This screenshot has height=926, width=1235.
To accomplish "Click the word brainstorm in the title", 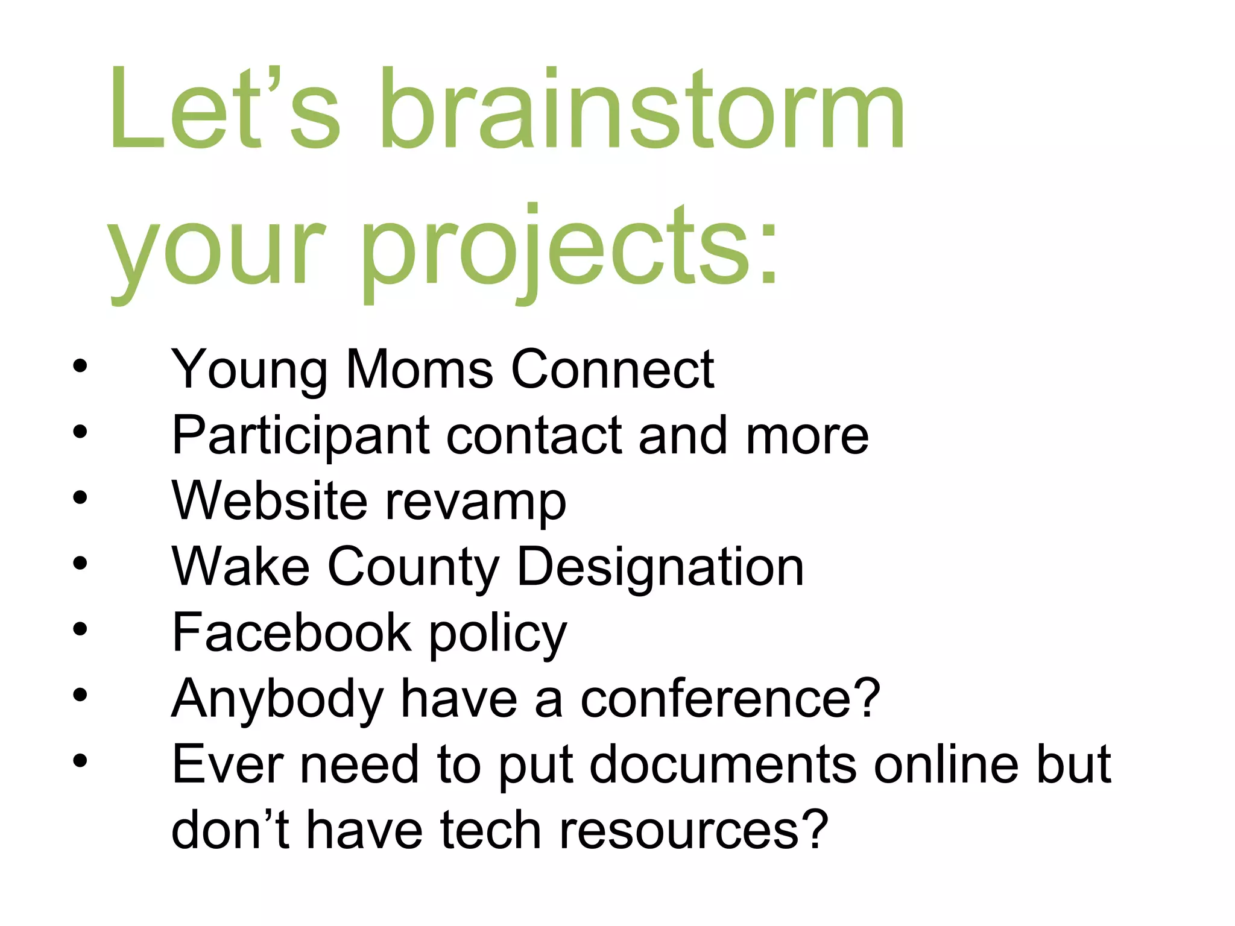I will click(642, 109).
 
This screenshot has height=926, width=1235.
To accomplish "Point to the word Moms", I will click(419, 369).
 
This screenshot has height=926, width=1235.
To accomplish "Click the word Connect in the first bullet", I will click(612, 369).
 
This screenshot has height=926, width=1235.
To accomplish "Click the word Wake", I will click(241, 566).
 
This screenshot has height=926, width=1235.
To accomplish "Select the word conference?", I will click(730, 699).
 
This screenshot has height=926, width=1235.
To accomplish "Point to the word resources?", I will click(693, 830).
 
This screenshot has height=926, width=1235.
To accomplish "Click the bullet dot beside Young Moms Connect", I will click(80, 366).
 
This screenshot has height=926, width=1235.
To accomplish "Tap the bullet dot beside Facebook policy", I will click(80, 629).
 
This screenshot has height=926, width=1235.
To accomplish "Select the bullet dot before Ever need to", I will click(80, 761).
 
